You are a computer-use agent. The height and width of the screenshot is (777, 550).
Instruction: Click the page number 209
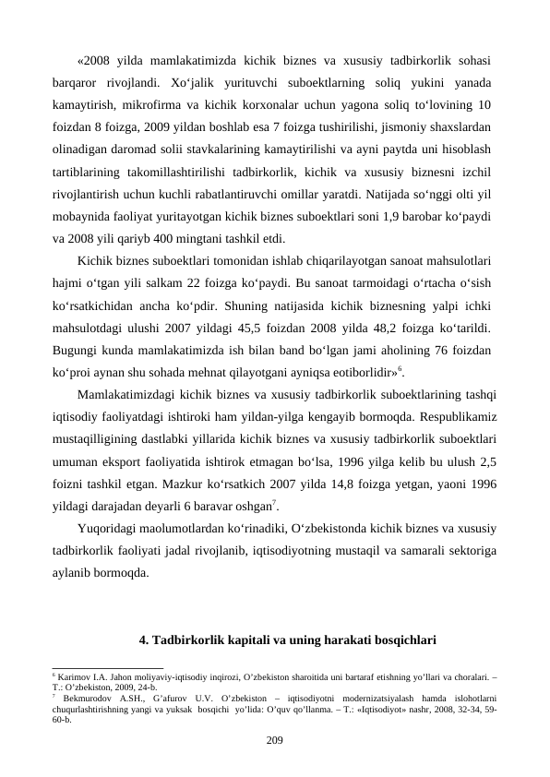click(x=275, y=739)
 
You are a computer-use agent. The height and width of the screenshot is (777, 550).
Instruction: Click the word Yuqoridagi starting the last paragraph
click(x=107, y=529)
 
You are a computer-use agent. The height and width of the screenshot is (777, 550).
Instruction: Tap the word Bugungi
click(x=77, y=348)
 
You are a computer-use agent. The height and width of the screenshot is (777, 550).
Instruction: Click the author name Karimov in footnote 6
click(x=73, y=678)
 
